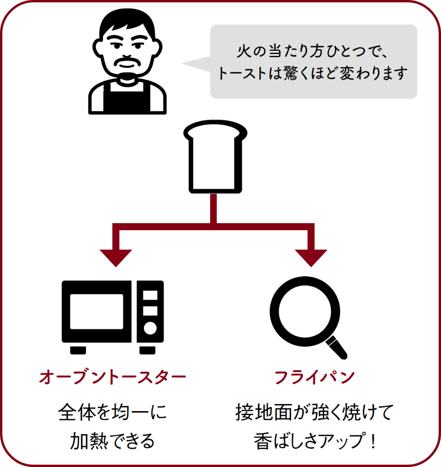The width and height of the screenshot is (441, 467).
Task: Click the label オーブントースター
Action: (x=112, y=377)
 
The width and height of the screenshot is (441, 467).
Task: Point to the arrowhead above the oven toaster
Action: (x=116, y=256)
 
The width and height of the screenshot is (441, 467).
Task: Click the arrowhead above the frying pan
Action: (x=311, y=256)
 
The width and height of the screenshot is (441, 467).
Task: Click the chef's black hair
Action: (x=128, y=21)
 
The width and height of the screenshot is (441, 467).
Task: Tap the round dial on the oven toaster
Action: (x=150, y=328)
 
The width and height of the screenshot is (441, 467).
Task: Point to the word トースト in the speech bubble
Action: (x=240, y=74)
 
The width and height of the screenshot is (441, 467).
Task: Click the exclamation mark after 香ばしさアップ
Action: (x=374, y=442)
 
